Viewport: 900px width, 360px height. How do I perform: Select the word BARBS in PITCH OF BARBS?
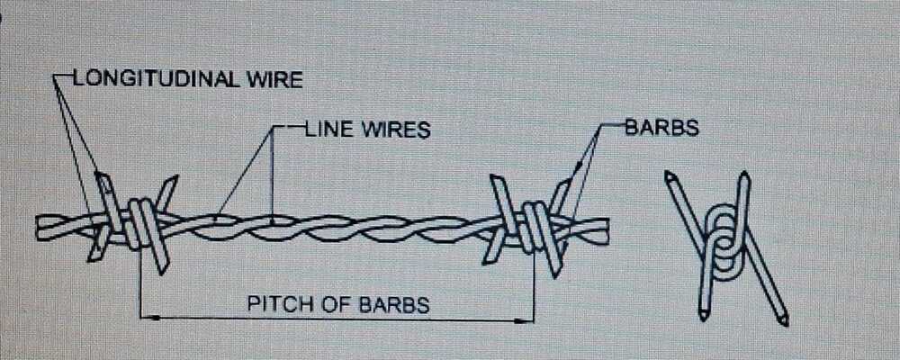[394, 303]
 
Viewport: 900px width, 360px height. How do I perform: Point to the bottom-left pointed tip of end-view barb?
[703, 316]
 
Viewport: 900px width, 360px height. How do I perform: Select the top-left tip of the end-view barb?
[670, 175]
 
